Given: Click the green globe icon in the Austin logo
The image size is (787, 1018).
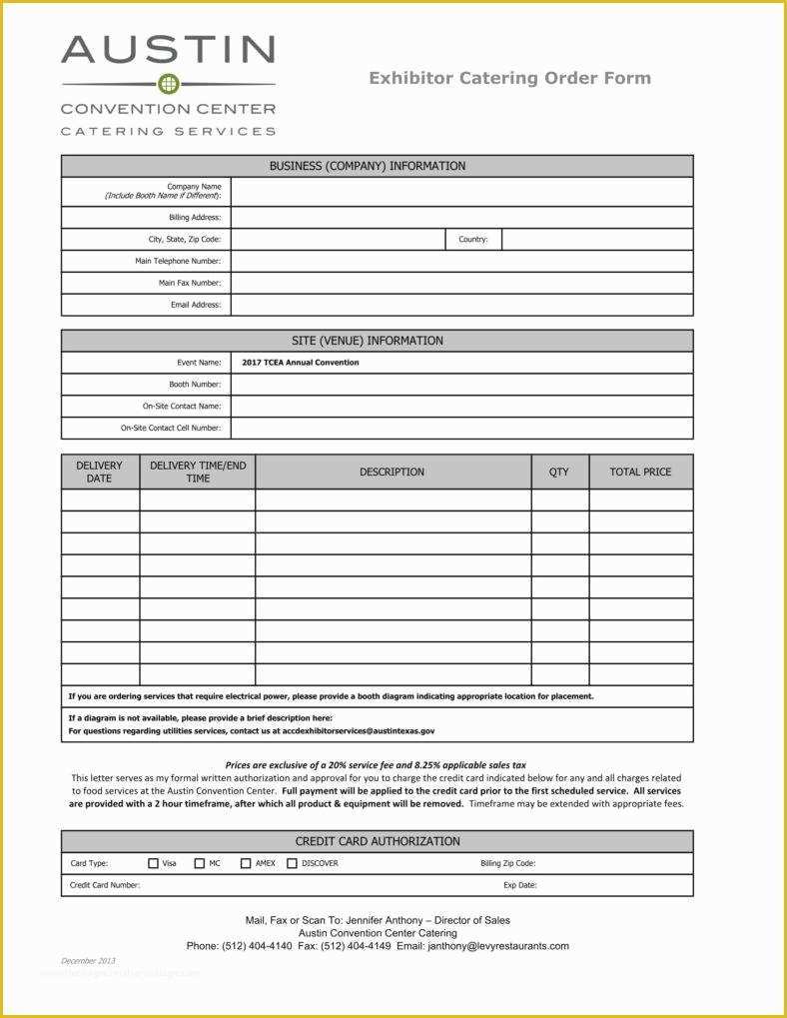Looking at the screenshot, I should (x=169, y=84).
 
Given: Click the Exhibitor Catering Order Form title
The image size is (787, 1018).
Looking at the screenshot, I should (x=509, y=78).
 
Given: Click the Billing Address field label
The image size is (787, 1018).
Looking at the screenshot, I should (x=195, y=218).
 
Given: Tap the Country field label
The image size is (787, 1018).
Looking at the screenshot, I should (x=472, y=240).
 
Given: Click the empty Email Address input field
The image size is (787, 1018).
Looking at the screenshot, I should (x=461, y=305).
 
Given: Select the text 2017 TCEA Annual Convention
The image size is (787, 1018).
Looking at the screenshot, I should (x=300, y=363).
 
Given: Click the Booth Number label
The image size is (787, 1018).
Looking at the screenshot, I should (x=195, y=385).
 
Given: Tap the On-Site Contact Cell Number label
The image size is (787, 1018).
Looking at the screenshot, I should (x=171, y=428).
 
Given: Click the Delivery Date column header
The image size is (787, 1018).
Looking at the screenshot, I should (x=100, y=472).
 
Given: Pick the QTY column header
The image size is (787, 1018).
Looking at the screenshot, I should (x=559, y=472).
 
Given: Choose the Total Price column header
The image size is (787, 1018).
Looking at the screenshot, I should (x=640, y=472).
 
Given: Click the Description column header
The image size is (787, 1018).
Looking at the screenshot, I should (x=392, y=472).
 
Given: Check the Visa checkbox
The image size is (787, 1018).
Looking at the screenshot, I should (x=154, y=863).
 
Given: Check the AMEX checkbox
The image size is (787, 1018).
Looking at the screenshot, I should (x=246, y=863).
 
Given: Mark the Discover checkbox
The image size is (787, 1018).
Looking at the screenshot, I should (x=292, y=863).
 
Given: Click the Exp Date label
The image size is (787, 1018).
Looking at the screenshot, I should (x=519, y=885).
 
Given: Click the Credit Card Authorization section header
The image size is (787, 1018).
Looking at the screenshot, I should (x=377, y=841).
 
